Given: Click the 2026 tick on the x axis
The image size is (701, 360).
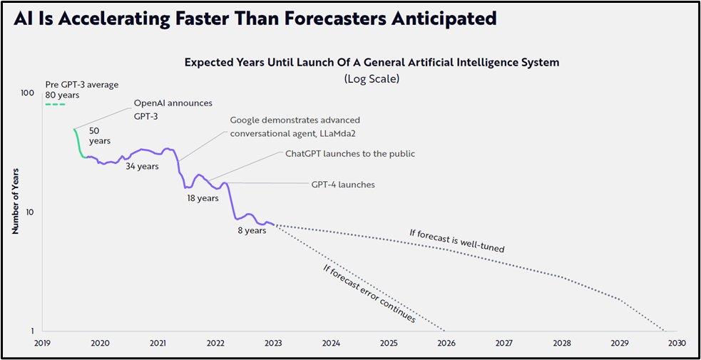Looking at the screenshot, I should click(446, 343).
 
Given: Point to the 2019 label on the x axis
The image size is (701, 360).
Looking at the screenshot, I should click(42, 343).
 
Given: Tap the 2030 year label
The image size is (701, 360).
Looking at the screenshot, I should click(677, 343).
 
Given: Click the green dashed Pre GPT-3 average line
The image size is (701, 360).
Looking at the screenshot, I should click(55, 105).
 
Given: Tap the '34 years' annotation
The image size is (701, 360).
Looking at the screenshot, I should click(142, 166).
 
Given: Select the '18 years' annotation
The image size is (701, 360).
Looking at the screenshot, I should click(203, 198).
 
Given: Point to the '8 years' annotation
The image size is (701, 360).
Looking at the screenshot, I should click(252, 230).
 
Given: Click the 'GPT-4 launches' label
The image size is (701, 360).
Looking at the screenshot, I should click(343, 185).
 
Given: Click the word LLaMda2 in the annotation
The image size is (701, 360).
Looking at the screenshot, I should click(340, 133).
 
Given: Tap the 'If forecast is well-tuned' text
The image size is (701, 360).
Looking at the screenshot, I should click(457, 241).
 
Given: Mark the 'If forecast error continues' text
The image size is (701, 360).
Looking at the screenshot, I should click(369, 294).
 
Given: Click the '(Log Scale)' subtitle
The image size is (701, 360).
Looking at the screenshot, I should click(372, 78).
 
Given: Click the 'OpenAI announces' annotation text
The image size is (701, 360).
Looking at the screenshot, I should click(173, 103).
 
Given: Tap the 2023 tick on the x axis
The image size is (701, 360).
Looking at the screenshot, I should click(273, 343).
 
